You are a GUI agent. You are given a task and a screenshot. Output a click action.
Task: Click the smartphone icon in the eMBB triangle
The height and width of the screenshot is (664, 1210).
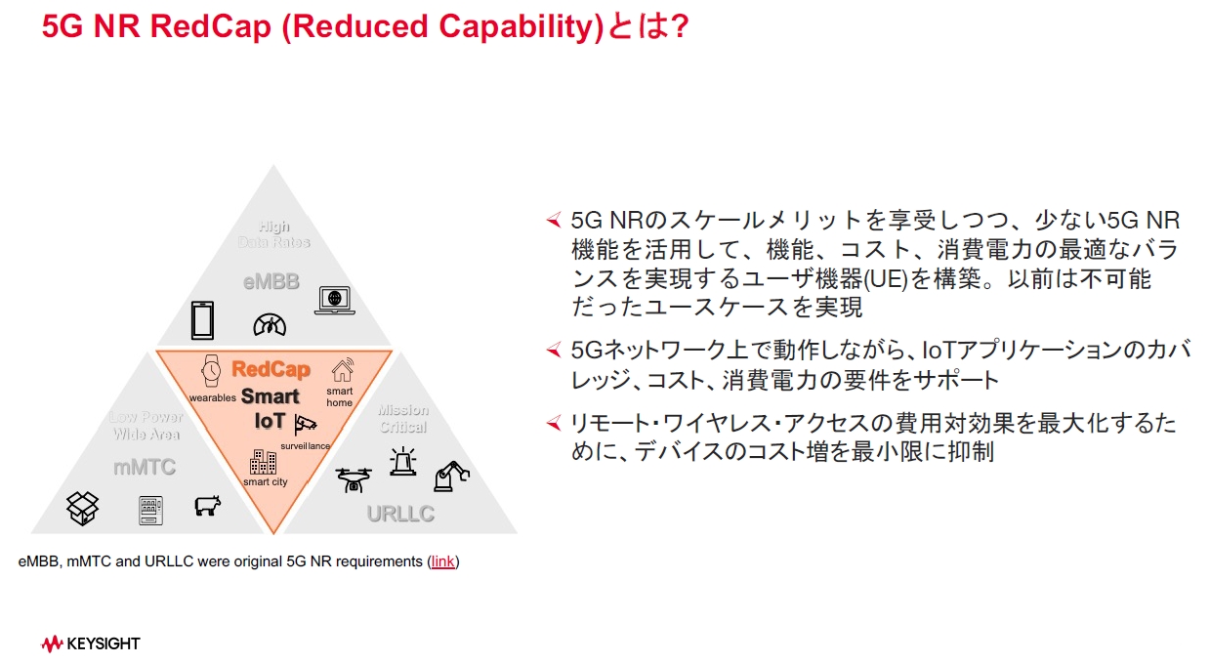pyautogui.click(x=202, y=319)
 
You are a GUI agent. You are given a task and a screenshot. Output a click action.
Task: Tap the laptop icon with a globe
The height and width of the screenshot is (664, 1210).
pyautogui.click(x=334, y=300)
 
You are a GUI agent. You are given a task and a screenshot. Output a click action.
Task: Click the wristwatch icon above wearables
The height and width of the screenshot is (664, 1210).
pyautogui.click(x=211, y=371)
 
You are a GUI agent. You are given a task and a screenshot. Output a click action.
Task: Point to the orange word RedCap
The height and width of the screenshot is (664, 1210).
pyautogui.click(x=271, y=369)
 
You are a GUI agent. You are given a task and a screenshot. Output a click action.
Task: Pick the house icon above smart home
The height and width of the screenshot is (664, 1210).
pyautogui.click(x=342, y=370)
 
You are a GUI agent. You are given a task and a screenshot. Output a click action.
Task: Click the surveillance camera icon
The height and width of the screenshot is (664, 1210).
pyautogui.click(x=307, y=423)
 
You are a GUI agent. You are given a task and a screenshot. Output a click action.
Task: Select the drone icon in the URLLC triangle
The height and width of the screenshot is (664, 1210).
pyautogui.click(x=354, y=478)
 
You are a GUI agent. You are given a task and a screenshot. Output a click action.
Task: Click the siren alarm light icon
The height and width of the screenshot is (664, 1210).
pyautogui.click(x=401, y=461)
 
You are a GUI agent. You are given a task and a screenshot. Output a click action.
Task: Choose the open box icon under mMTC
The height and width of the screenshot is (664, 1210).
pyautogui.click(x=83, y=507)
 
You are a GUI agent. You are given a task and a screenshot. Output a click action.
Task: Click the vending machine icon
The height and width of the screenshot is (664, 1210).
pyautogui.click(x=150, y=510)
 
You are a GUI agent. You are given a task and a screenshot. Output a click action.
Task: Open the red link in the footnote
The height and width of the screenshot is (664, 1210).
pyautogui.click(x=442, y=561)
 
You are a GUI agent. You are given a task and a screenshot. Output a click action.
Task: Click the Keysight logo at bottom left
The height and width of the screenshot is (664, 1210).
pyautogui.click(x=91, y=643)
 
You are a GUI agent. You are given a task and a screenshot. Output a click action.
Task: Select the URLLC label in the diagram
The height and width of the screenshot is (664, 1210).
pyautogui.click(x=400, y=514)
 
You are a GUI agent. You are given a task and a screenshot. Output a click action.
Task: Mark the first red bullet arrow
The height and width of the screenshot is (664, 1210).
pyautogui.click(x=554, y=219)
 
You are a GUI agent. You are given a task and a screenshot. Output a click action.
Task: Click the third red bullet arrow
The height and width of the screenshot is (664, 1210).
pyautogui.click(x=554, y=422)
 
